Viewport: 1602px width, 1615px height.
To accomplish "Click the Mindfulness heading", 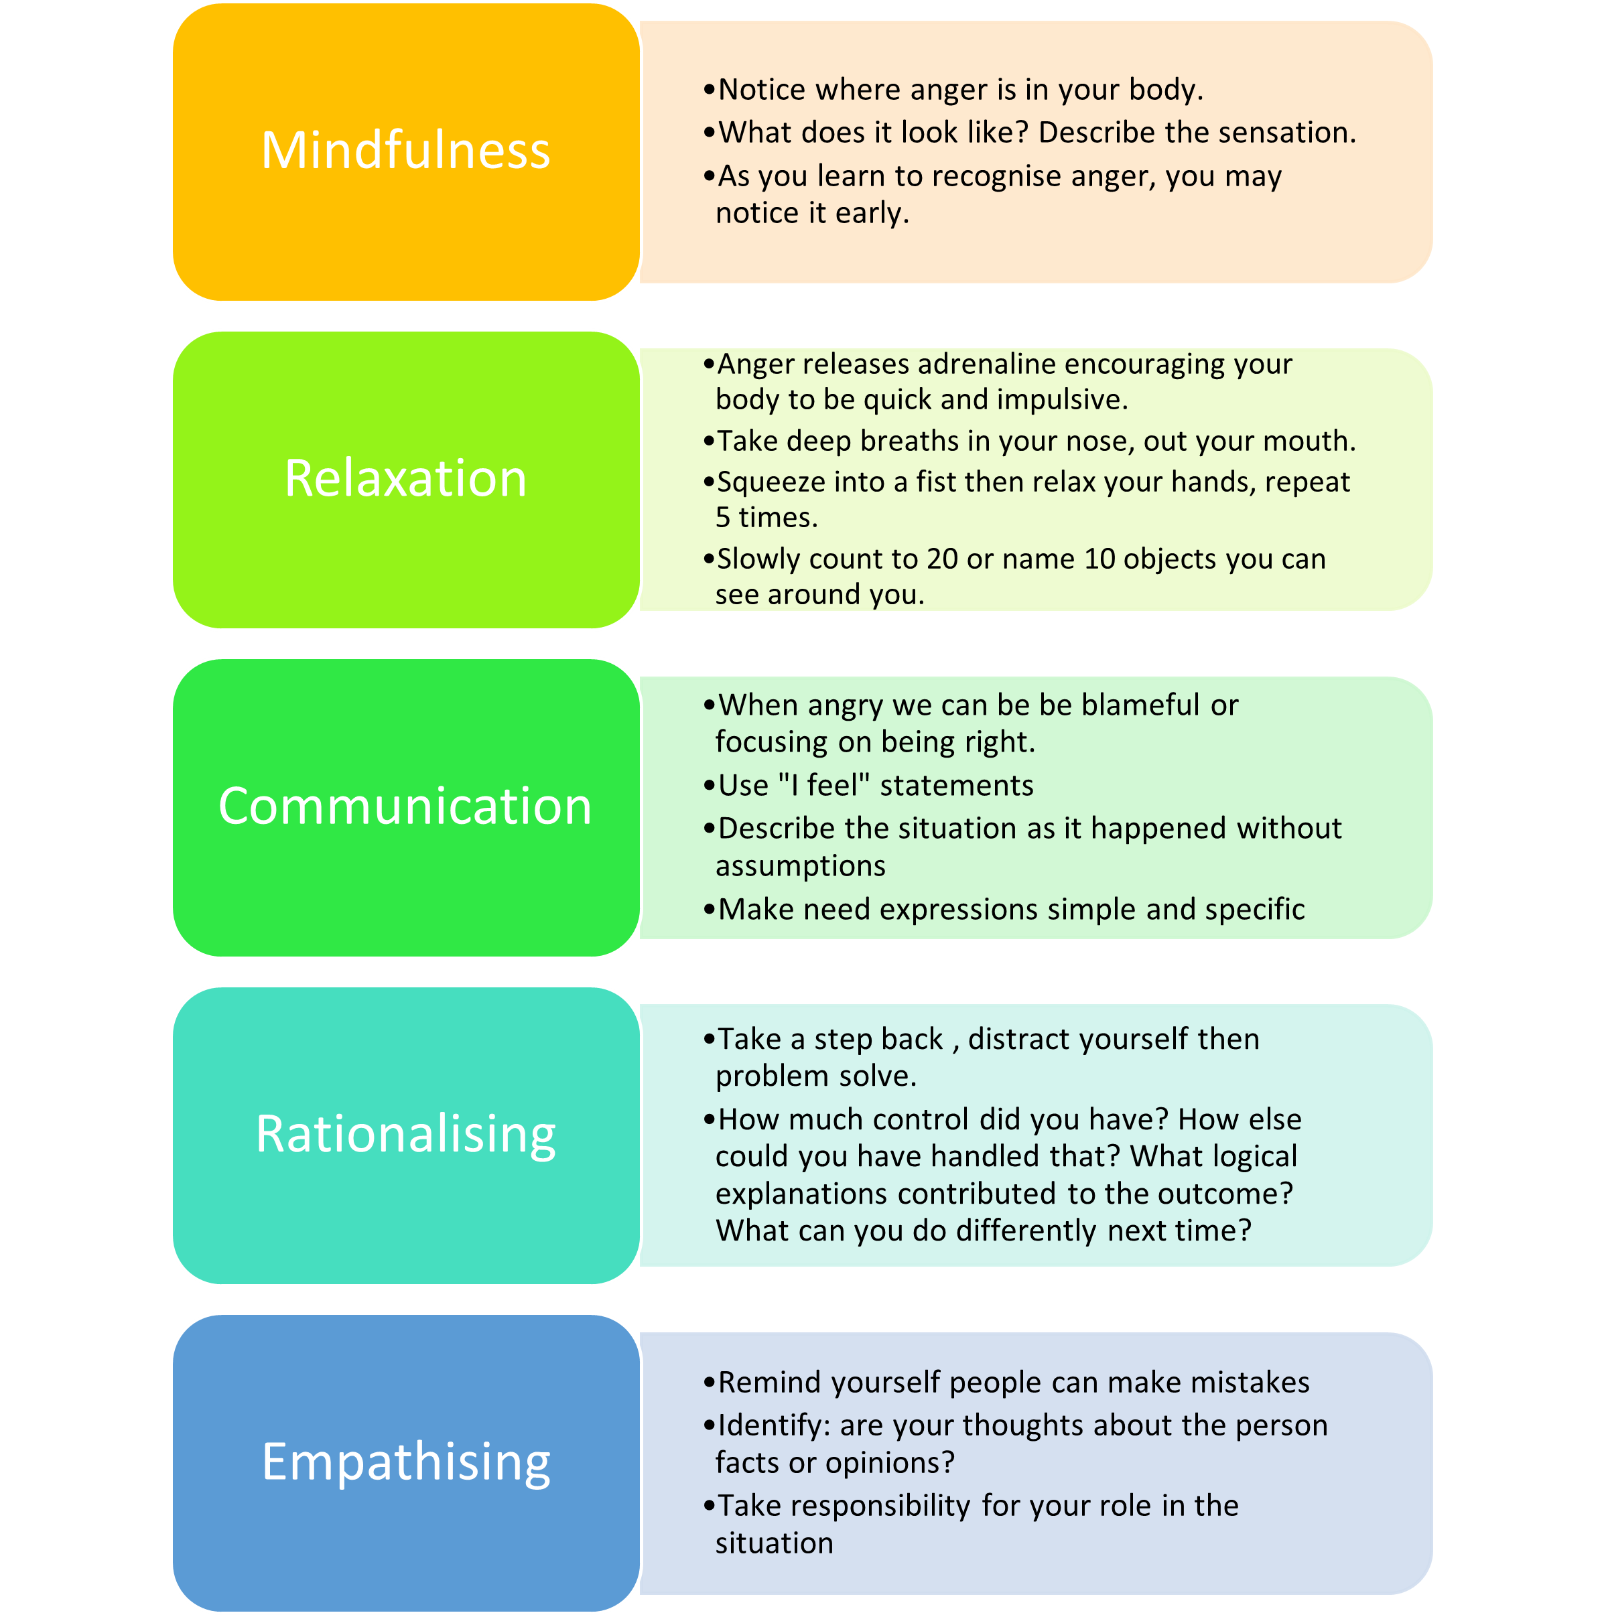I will click(405, 151).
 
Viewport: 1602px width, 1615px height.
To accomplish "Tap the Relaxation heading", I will click(405, 478).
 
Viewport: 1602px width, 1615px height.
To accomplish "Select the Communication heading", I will click(405, 806).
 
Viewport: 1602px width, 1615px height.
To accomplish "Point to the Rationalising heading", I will click(405, 1134).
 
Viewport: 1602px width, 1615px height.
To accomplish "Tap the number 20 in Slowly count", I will click(941, 559).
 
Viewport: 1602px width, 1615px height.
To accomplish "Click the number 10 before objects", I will click(1099, 559).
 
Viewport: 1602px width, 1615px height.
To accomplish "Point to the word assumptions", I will click(800, 866).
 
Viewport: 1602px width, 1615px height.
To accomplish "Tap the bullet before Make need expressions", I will click(709, 910).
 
